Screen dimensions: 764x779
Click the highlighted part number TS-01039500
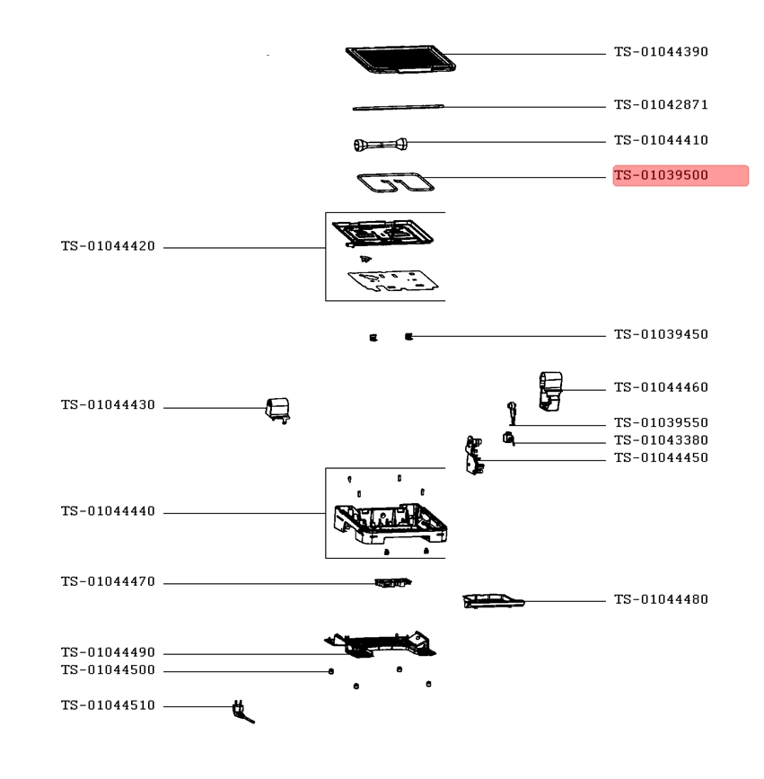(x=661, y=175)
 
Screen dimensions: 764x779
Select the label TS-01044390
(x=661, y=52)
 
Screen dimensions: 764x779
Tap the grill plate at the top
(x=400, y=59)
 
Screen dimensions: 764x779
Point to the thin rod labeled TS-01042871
(x=398, y=107)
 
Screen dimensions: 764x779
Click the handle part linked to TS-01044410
(x=381, y=145)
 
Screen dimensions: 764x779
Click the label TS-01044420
(x=109, y=246)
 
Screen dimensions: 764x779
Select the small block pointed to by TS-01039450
(x=408, y=337)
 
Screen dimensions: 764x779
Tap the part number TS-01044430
(x=109, y=405)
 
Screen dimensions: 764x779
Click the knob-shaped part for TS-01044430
(x=278, y=411)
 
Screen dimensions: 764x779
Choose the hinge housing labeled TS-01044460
(x=550, y=392)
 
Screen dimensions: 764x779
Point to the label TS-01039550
(x=661, y=423)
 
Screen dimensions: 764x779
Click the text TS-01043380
(x=661, y=440)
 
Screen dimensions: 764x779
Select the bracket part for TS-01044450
(x=474, y=455)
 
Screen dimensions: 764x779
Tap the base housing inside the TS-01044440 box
(x=391, y=524)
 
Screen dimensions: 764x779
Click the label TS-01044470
(x=109, y=581)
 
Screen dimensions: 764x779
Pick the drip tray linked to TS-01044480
(x=493, y=600)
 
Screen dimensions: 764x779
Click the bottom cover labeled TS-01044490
(x=382, y=644)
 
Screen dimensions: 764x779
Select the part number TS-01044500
(x=109, y=670)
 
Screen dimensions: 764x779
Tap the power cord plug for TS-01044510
(x=242, y=712)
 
